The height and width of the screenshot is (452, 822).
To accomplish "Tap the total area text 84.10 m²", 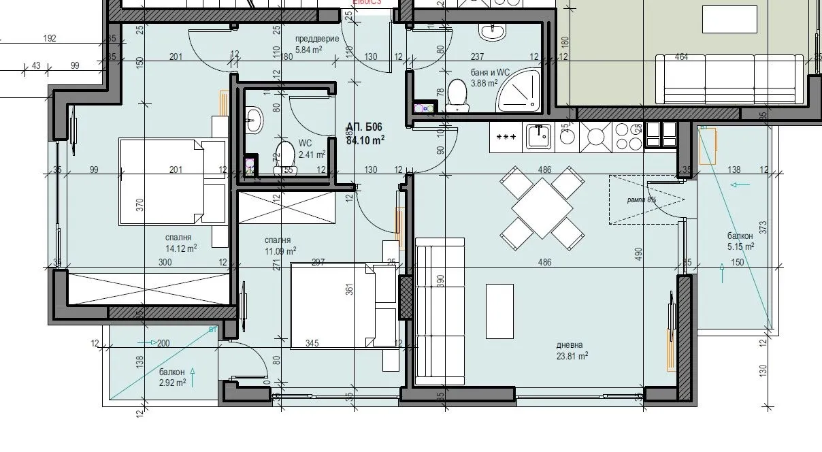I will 365,141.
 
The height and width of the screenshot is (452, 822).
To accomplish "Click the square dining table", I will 542,207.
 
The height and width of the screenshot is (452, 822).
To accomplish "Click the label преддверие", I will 316,39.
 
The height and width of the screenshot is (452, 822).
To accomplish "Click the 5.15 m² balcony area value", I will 740,247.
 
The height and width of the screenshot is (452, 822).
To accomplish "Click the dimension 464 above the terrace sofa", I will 680,57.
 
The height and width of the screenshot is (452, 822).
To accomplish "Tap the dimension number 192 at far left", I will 49,39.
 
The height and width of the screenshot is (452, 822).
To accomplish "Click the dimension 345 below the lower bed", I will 312,344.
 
